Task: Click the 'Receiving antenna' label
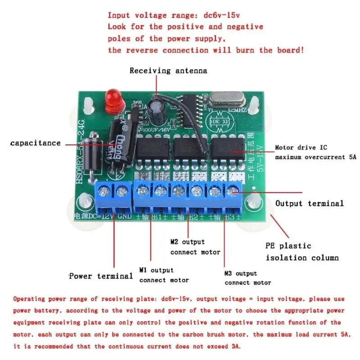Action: [168, 71]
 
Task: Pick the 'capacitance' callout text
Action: [35, 143]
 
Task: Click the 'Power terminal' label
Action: [100, 275]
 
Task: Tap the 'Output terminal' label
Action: [310, 203]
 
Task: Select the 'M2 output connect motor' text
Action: [195, 247]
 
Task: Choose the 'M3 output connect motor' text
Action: [247, 278]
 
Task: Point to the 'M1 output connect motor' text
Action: [164, 275]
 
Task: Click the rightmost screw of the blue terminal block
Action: [232, 192]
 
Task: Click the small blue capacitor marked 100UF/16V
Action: [157, 110]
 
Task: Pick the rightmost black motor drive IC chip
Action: [230, 150]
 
